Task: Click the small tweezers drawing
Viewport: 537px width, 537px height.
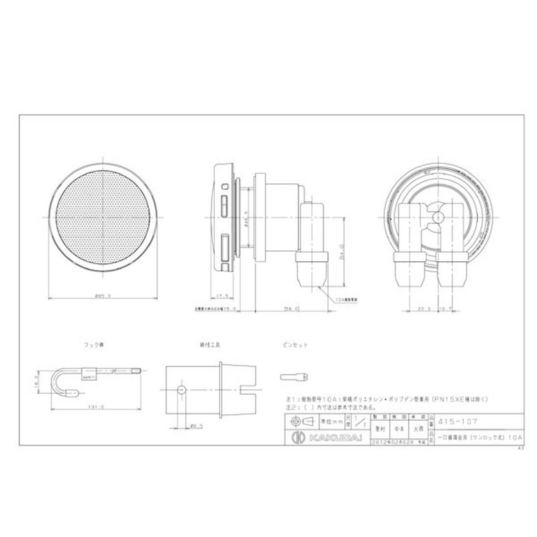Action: pyautogui.click(x=294, y=376)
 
